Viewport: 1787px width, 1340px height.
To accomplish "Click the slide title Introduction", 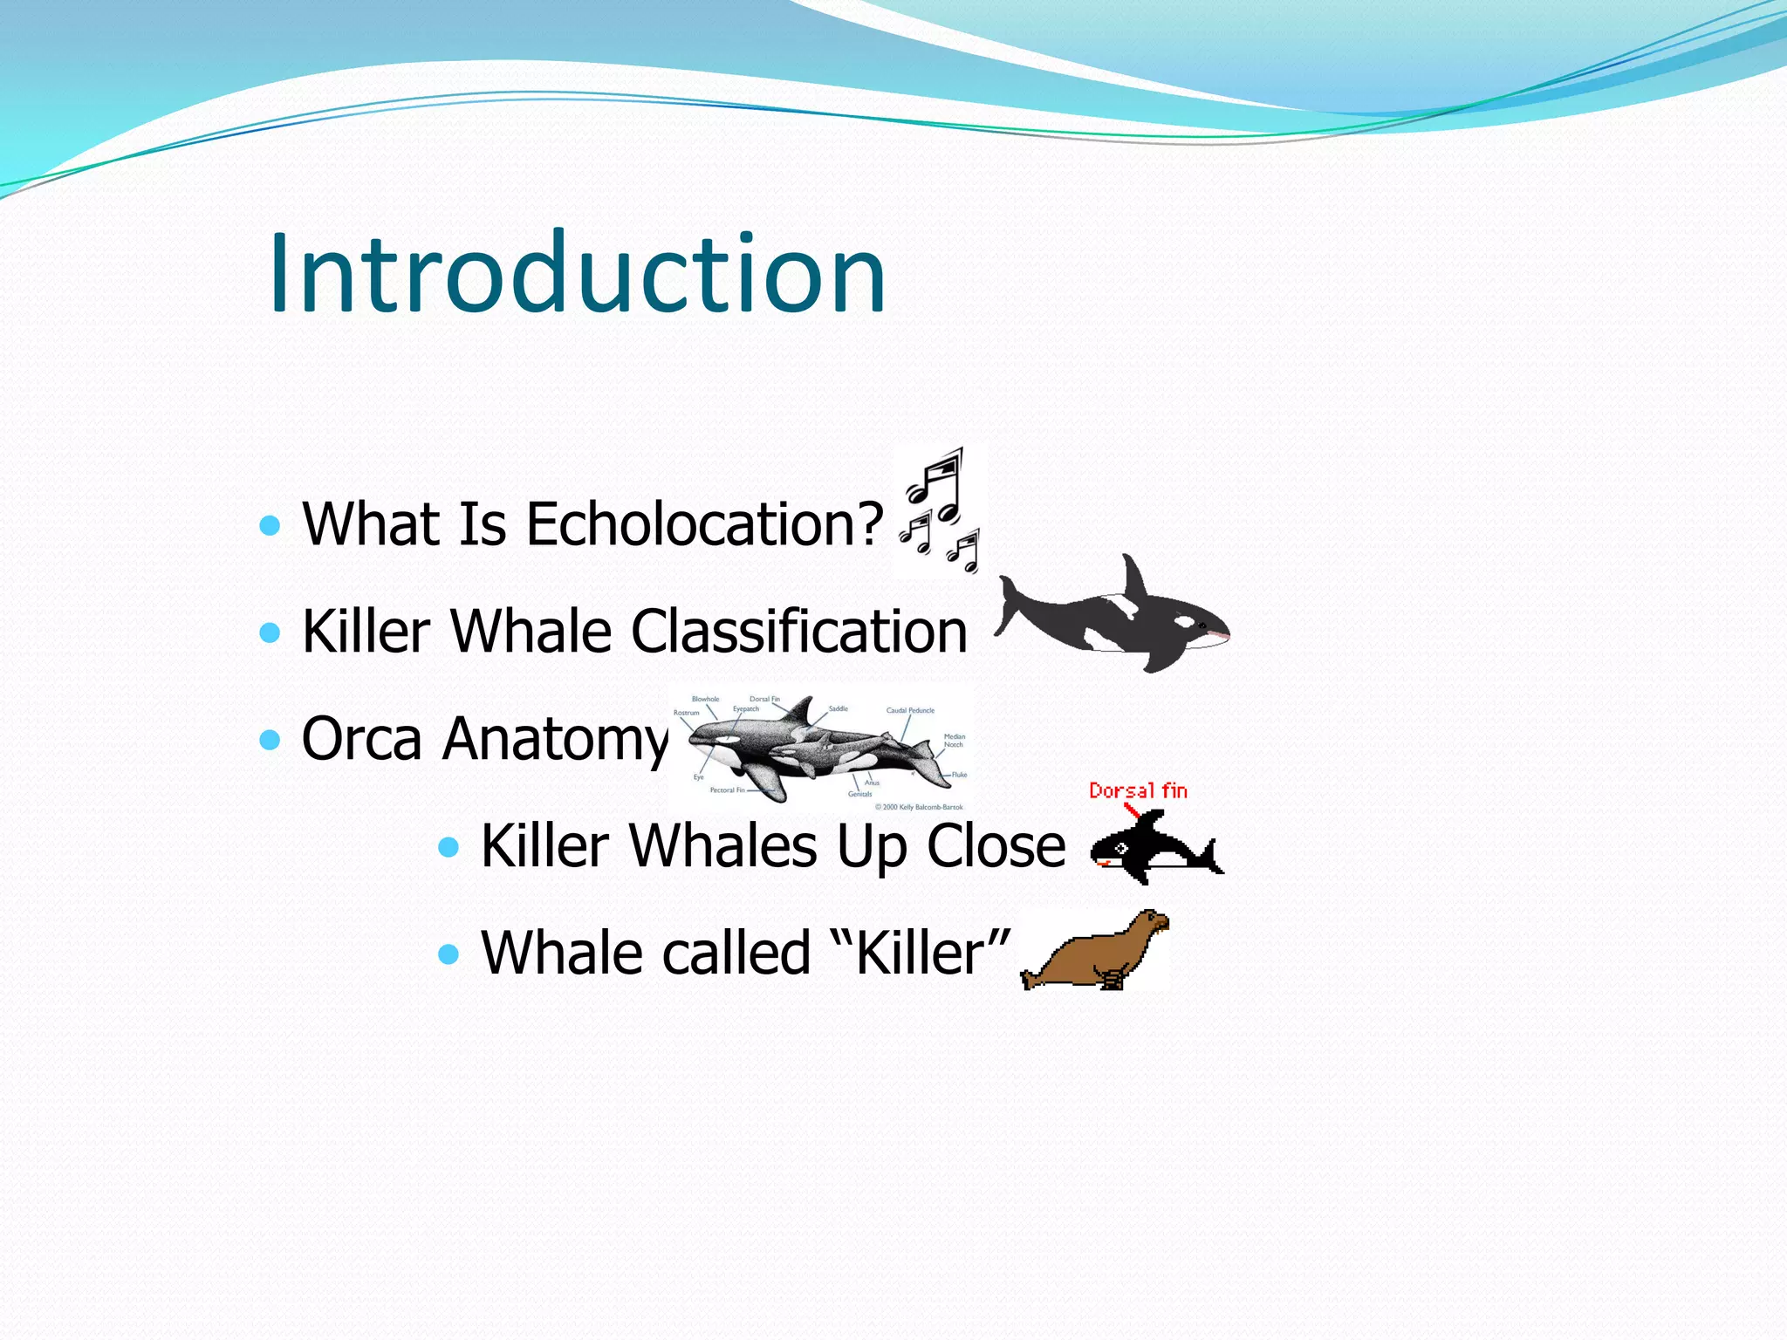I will (577, 274).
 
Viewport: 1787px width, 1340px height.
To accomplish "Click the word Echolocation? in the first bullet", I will (705, 524).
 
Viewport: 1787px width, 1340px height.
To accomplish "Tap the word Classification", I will (798, 631).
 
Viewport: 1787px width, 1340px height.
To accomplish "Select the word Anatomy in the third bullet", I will (555, 739).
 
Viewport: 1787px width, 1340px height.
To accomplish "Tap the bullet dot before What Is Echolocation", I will (270, 525).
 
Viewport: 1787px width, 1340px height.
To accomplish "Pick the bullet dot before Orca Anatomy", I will (270, 740).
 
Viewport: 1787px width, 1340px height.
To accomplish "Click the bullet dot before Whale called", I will (448, 953).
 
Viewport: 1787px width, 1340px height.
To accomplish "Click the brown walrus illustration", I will (1095, 951).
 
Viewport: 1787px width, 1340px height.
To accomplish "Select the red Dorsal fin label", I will (1138, 791).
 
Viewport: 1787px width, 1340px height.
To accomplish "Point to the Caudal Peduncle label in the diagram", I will (910, 710).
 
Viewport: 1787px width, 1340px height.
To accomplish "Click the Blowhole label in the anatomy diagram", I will (705, 699).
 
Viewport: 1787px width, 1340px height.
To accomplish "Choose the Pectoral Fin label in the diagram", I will (727, 790).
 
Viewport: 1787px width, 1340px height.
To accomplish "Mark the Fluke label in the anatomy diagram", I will (959, 775).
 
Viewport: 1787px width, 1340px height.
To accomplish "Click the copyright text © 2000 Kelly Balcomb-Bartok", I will (919, 807).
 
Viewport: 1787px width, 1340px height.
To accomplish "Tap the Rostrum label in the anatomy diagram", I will (686, 713).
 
